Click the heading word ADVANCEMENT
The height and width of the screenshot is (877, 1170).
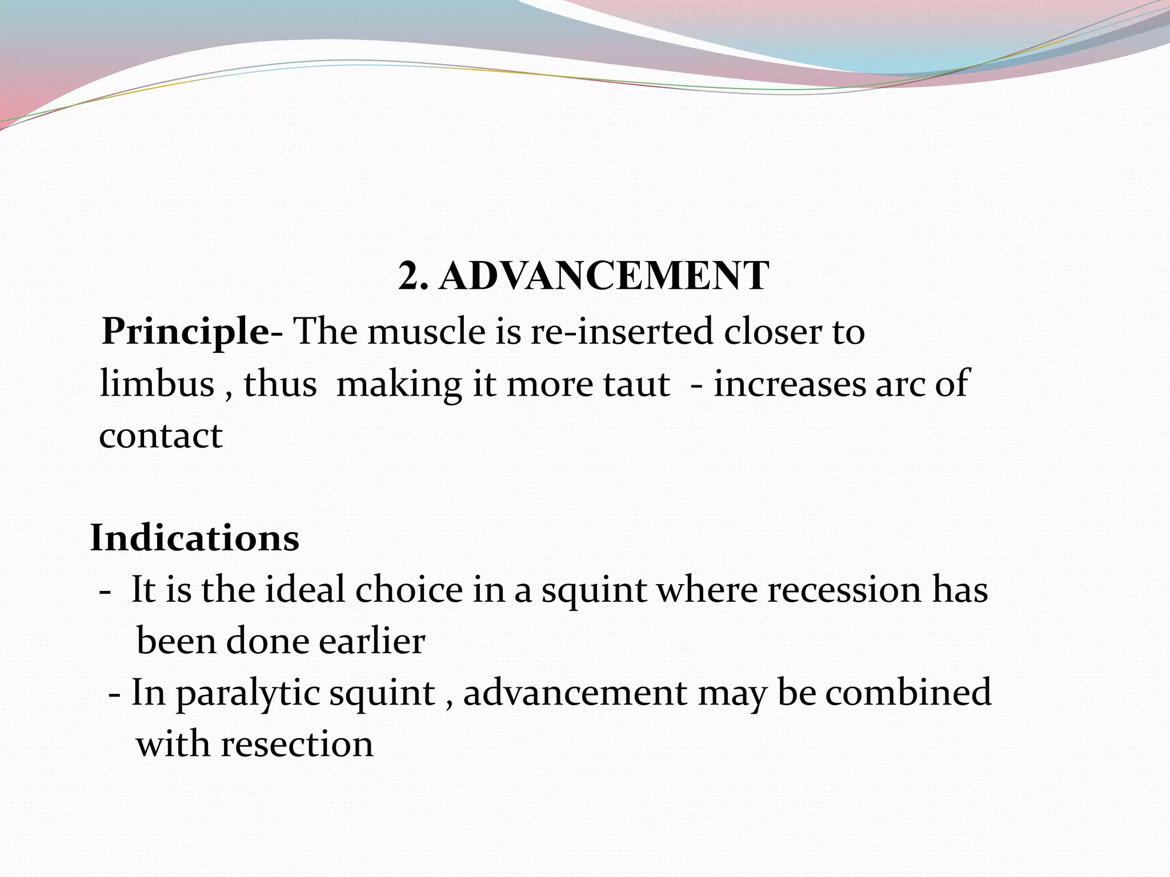[604, 276]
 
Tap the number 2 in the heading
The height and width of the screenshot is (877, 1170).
[410, 276]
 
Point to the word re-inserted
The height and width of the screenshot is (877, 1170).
[622, 331]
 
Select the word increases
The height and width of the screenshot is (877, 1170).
[789, 384]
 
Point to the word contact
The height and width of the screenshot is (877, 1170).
[161, 436]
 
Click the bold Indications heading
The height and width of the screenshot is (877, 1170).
[195, 538]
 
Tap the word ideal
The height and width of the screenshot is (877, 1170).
[305, 589]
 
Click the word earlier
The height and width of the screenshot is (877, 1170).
[372, 641]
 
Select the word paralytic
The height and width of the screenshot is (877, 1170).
[247, 693]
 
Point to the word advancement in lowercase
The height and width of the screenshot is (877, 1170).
[575, 693]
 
